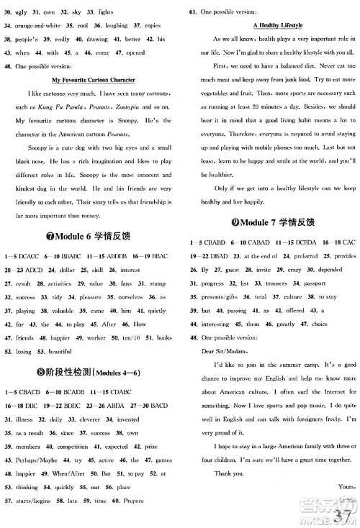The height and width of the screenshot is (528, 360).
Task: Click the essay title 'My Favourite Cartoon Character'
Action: (x=94, y=80)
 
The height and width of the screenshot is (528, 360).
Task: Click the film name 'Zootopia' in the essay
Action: (x=132, y=106)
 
